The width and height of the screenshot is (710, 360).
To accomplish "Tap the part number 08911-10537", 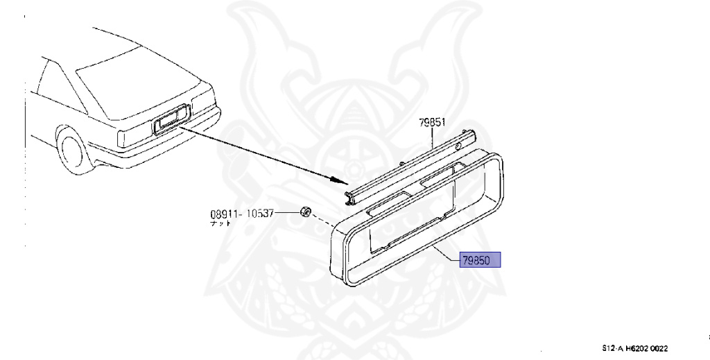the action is point(242,214).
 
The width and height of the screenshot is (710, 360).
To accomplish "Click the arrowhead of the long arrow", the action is point(345,182).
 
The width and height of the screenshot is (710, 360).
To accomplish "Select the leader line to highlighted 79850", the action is point(444,254).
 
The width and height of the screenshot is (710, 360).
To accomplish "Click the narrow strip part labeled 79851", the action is point(409,164).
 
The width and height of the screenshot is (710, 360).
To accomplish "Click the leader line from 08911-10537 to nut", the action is point(287,214).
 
